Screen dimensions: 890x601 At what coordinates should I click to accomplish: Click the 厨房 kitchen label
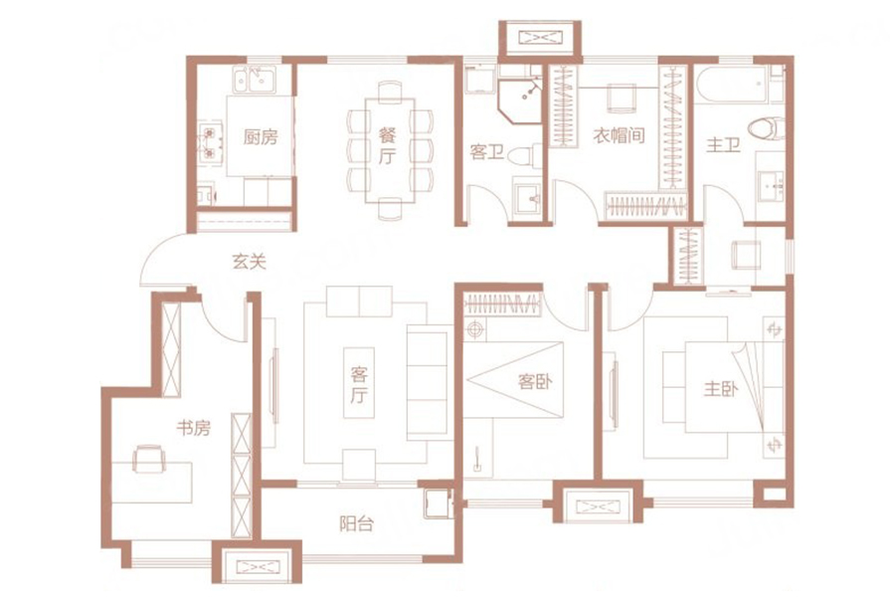point(261,137)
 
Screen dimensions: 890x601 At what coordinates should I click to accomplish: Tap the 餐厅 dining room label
point(387,145)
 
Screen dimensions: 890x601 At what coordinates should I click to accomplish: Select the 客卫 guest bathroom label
point(487,151)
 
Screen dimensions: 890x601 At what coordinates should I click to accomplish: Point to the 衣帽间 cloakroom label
point(619,135)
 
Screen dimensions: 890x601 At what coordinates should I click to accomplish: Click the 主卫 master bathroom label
point(723,145)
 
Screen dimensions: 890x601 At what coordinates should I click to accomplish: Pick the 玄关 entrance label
point(250,262)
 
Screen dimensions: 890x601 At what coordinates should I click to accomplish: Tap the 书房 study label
point(194,428)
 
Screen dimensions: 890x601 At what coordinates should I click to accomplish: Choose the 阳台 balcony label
point(356,523)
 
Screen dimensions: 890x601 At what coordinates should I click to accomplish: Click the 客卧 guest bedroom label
point(535,381)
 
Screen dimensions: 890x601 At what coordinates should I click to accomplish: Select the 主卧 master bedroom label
point(721,389)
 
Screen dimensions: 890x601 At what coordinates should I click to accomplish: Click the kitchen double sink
point(255,79)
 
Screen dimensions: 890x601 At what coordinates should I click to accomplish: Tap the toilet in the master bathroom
point(767,127)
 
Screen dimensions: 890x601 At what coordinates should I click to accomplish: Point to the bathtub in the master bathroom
point(733,85)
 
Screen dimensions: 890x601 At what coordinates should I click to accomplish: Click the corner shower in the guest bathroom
point(519,100)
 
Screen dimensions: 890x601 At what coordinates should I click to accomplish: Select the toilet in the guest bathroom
point(526,155)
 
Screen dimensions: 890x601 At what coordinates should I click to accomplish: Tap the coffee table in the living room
point(359,383)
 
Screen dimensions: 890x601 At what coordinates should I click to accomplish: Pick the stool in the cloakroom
point(621,99)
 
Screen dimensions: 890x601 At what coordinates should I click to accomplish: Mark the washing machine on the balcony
point(438,503)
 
